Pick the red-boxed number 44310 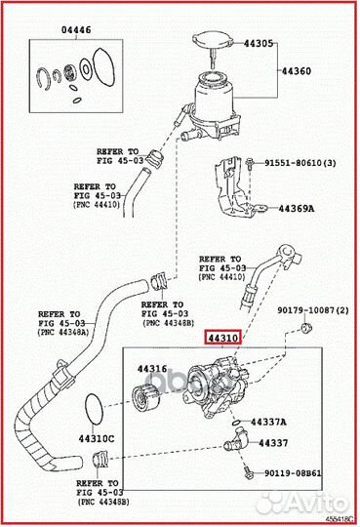[x=220, y=337]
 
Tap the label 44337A [x=267, y=423]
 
